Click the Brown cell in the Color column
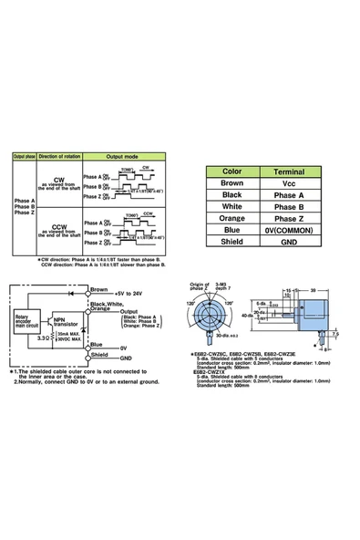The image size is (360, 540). coord(231,182)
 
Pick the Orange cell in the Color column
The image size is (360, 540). coord(231,219)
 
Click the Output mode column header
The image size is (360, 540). coord(132,157)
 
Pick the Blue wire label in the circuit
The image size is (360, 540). coord(98,343)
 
